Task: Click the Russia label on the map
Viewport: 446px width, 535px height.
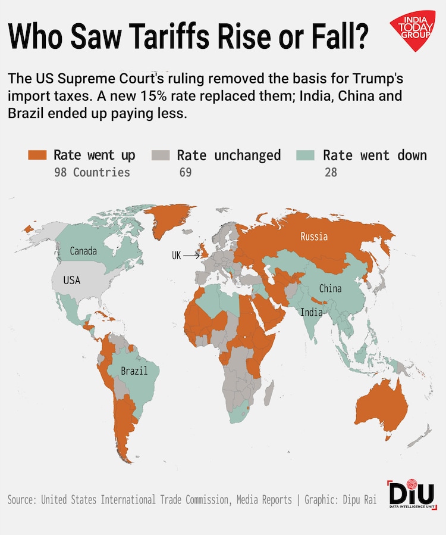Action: (x=314, y=237)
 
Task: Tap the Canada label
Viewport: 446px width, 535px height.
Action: (x=83, y=251)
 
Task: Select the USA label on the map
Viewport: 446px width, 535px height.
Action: (x=71, y=280)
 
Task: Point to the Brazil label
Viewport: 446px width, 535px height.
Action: (x=134, y=371)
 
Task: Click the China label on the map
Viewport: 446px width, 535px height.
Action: (x=330, y=288)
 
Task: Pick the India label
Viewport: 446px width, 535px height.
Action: (x=311, y=312)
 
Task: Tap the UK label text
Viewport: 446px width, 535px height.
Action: (x=176, y=256)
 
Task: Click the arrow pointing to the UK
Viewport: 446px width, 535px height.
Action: (x=191, y=256)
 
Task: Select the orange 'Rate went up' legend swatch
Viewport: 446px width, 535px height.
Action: (x=37, y=156)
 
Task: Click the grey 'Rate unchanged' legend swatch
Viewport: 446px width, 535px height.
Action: (x=160, y=156)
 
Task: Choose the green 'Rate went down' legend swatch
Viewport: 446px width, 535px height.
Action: (x=304, y=156)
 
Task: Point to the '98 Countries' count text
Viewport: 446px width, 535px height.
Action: (x=92, y=173)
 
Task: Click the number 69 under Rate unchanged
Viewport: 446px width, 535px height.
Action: (x=185, y=173)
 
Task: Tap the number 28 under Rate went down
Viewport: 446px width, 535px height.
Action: (x=331, y=173)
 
